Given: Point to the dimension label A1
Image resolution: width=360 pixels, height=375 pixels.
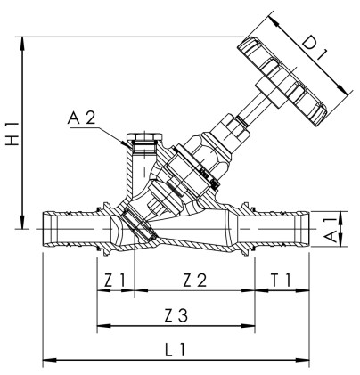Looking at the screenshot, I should [x=330, y=227].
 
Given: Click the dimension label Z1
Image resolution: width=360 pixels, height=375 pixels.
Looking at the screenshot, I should [x=114, y=281].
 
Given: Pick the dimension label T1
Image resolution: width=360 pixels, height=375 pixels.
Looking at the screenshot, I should [x=282, y=281].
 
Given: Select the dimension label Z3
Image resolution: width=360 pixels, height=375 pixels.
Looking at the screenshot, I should [x=176, y=315].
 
